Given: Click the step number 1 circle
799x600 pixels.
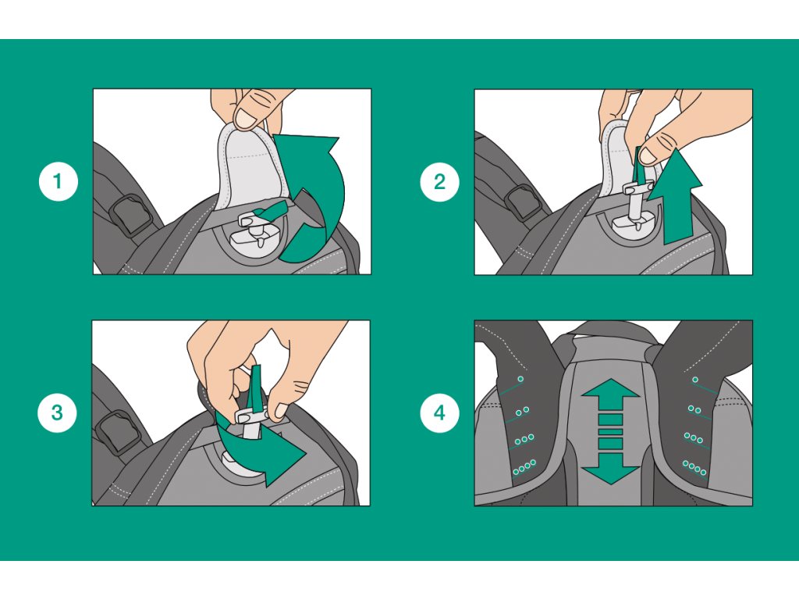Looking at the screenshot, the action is (x=58, y=181).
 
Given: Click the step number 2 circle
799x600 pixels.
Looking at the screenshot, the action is (x=440, y=181).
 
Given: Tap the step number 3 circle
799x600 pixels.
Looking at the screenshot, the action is (x=58, y=412).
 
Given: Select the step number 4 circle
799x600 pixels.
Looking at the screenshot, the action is (x=440, y=412).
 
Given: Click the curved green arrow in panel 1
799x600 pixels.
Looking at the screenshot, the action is (x=326, y=204).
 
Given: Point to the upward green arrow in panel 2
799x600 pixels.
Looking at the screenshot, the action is (x=680, y=196).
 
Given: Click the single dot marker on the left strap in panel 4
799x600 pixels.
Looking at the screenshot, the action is (x=520, y=379).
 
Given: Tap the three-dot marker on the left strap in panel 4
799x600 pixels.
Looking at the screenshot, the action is (x=524, y=439).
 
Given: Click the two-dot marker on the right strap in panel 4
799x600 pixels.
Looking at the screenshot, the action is (x=694, y=409).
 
